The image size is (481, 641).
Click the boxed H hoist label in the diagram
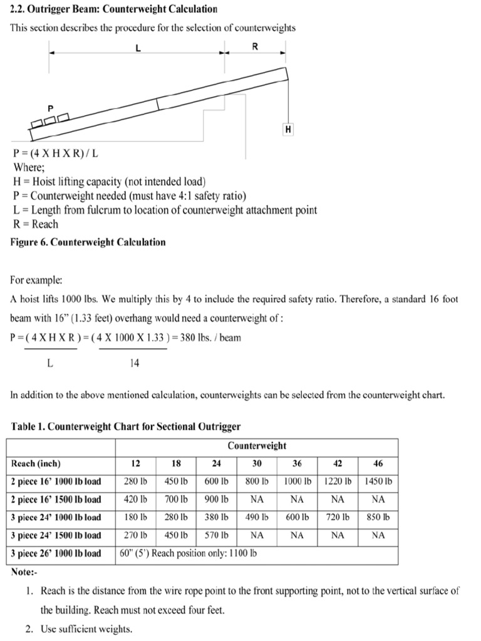(x=288, y=130)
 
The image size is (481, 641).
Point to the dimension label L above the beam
(x=138, y=46)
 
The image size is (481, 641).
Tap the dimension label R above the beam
(x=255, y=46)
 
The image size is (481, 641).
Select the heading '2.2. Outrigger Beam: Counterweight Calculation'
(x=114, y=9)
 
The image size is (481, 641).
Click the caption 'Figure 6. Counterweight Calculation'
(x=88, y=242)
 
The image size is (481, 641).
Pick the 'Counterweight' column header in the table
(x=257, y=446)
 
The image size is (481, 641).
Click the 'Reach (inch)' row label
(x=36, y=464)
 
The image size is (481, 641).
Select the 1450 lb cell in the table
(x=378, y=481)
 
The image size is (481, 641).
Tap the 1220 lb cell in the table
(x=338, y=481)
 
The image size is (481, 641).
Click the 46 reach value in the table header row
(x=378, y=464)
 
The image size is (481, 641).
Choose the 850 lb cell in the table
(x=378, y=517)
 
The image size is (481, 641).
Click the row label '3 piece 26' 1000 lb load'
(x=56, y=553)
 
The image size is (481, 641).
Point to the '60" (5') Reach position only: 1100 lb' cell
(x=189, y=553)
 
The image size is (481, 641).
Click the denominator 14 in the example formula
(x=134, y=363)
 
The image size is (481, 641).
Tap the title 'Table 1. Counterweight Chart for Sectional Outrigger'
(x=126, y=427)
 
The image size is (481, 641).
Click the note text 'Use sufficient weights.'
(x=86, y=630)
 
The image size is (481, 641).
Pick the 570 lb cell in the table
(x=216, y=535)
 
